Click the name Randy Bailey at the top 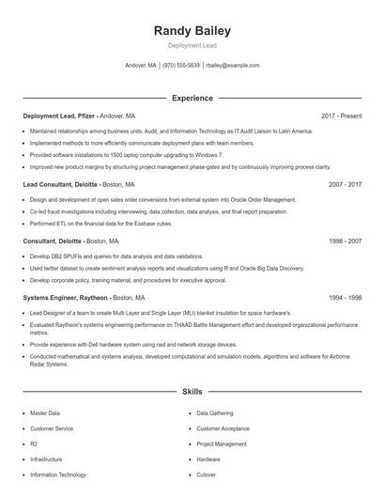coord(192,31)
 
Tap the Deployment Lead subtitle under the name coord(192,45)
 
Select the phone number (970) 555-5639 coord(181,66)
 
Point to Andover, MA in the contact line coord(141,66)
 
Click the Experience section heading coord(192,98)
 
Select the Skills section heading coord(192,390)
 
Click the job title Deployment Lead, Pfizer coord(59,116)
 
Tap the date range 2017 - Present coord(341,116)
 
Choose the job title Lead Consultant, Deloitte coord(61,184)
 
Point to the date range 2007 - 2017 coord(345,184)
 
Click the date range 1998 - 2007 coord(345,241)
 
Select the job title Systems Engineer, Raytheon coord(66,297)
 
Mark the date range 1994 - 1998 coord(345,297)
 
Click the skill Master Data coord(45,412)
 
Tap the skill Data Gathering coord(214,412)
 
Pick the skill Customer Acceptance coord(223,428)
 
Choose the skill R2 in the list coord(34,444)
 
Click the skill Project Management coord(222,444)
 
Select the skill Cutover coord(207,475)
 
